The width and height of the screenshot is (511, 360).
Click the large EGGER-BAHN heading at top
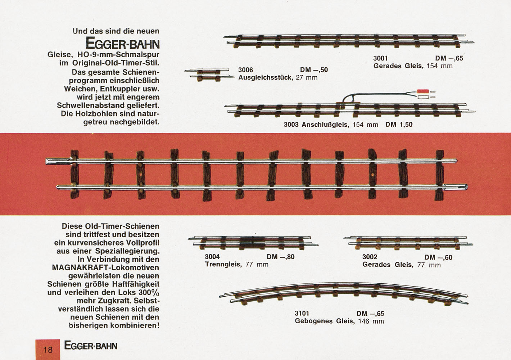pyautogui.click(x=122, y=43)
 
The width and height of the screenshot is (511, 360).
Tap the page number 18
pyautogui.click(x=48, y=350)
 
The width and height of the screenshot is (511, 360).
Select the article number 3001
pyautogui.click(x=380, y=58)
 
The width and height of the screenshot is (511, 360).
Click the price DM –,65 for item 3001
pyautogui.click(x=449, y=58)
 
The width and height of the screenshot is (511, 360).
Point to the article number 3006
pyautogui.click(x=245, y=70)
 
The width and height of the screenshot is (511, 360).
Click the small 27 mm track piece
pyautogui.click(x=209, y=75)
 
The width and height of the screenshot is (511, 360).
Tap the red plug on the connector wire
pyautogui.click(x=423, y=91)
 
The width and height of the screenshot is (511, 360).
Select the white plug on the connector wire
pyautogui.click(x=423, y=98)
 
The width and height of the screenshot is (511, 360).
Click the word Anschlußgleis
pyautogui.click(x=325, y=125)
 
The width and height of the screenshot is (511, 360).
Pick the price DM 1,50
pyautogui.click(x=399, y=125)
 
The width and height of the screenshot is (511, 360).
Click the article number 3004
pyautogui.click(x=212, y=257)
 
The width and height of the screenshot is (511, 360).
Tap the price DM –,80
pyautogui.click(x=281, y=257)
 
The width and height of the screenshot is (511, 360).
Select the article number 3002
pyautogui.click(x=370, y=257)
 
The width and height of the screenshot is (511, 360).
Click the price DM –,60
pyautogui.click(x=438, y=257)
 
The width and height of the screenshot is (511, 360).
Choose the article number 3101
pyautogui.click(x=302, y=314)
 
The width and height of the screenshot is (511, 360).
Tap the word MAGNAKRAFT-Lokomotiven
pyautogui.click(x=106, y=267)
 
